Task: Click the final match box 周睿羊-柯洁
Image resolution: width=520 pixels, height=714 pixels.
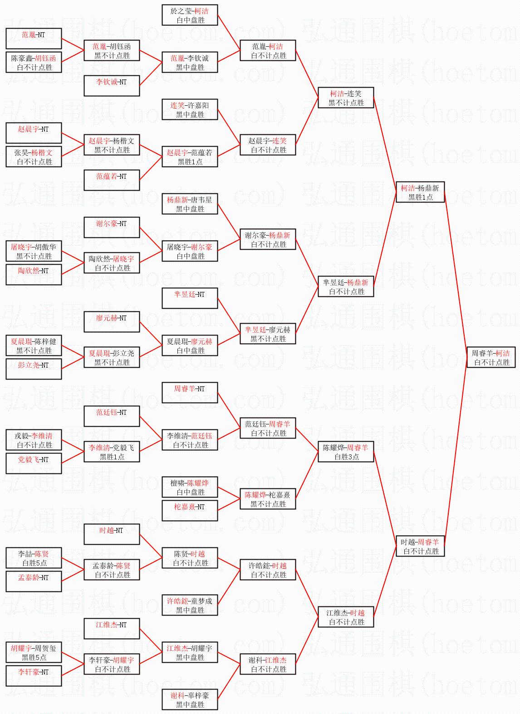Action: [x=491, y=357]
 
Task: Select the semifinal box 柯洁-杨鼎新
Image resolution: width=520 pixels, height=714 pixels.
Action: [x=420, y=192]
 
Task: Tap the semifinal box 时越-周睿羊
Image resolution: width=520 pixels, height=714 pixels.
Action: [x=420, y=546]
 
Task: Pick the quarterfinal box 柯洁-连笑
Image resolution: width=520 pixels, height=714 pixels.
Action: [x=346, y=98]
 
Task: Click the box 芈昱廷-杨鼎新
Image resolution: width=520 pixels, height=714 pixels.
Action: [x=346, y=286]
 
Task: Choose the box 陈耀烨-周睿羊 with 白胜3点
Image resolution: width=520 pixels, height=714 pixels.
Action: [x=346, y=452]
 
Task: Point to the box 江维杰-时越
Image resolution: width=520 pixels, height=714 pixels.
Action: [x=346, y=617]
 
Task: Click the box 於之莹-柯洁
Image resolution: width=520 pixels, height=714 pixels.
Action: [x=190, y=15]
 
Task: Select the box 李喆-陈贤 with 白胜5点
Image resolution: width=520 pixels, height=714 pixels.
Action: [x=34, y=558]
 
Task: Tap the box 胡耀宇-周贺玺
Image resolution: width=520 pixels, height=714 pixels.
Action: [x=34, y=652]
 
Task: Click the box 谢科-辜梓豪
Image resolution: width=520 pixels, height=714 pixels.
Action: [x=190, y=699]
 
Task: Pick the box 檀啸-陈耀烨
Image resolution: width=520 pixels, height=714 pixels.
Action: [x=190, y=487]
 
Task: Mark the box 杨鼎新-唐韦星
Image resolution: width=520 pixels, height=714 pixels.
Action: [x=190, y=204]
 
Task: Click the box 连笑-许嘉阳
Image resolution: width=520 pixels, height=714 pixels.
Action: [x=190, y=109]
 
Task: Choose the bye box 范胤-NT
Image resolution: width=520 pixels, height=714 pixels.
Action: [x=34, y=39]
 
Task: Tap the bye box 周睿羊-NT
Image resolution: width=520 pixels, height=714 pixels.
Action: [x=190, y=393]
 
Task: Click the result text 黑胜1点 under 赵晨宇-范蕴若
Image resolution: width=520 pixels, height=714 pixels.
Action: [x=190, y=162]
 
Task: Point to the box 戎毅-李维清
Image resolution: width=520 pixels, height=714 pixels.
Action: [x=34, y=440]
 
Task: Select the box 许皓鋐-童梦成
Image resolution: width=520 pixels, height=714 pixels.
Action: [x=190, y=605]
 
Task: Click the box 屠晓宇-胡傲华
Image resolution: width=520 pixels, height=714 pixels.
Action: [x=34, y=251]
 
